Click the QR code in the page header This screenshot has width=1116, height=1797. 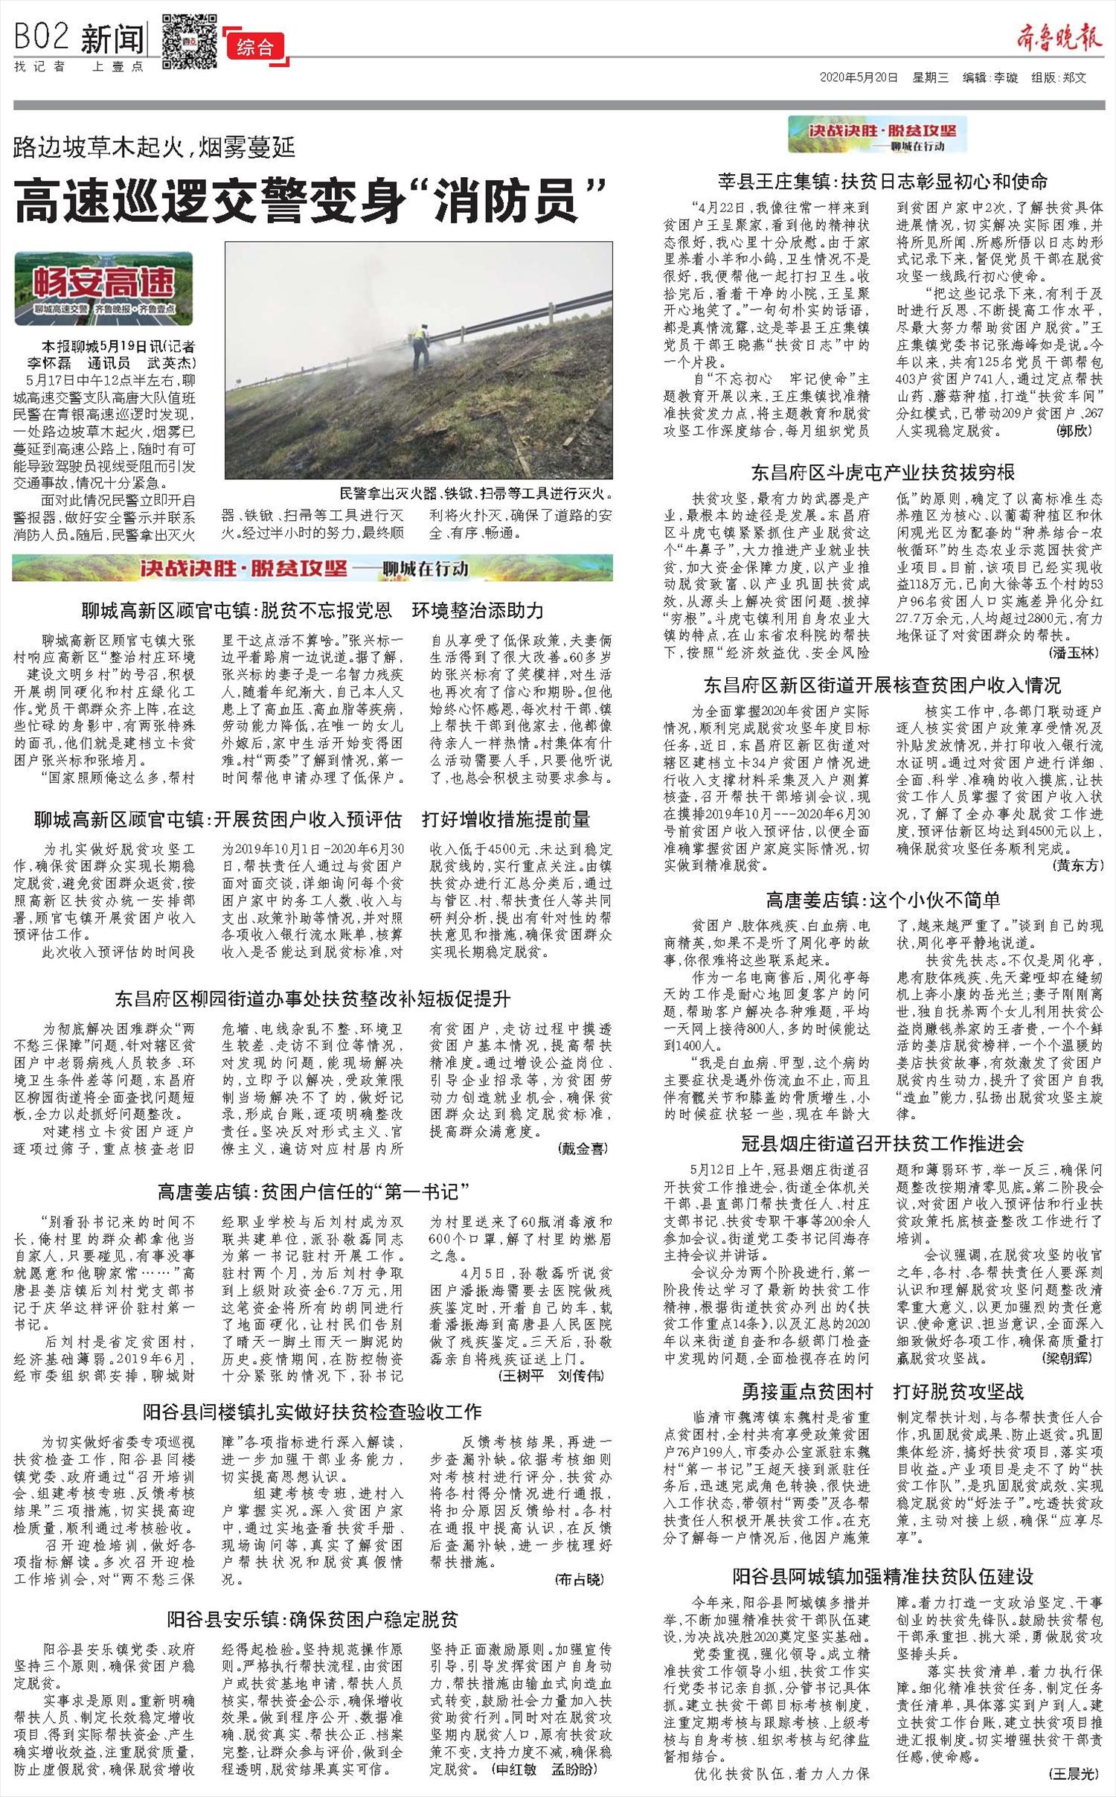(189, 40)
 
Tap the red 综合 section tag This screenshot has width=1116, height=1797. (255, 48)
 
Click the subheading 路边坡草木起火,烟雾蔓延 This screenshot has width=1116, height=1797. (154, 147)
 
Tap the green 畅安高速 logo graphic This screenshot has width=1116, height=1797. (103, 287)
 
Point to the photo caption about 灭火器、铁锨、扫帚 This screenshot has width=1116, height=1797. (475, 493)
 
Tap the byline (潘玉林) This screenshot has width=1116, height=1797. (1071, 653)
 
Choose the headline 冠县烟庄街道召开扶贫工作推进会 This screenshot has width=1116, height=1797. (882, 1144)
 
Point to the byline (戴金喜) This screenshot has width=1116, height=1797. (582, 1149)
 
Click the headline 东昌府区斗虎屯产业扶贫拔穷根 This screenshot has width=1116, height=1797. (882, 473)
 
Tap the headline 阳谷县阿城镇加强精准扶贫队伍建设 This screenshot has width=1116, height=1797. (882, 1576)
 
